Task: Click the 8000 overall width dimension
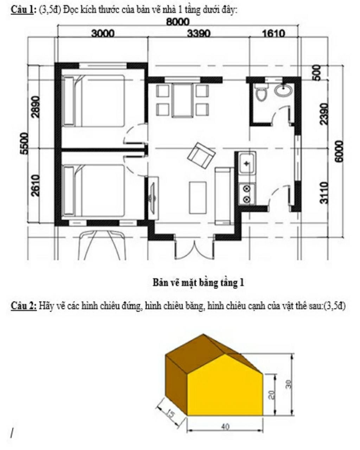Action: click(x=178, y=22)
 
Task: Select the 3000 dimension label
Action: click(x=103, y=33)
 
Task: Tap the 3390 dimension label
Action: click(x=199, y=33)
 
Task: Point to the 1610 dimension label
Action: click(x=274, y=33)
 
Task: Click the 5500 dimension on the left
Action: click(x=24, y=143)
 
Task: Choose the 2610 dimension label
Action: click(x=35, y=186)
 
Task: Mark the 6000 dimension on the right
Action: click(x=339, y=151)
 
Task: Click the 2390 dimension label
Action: click(x=324, y=114)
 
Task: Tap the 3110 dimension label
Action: click(x=324, y=192)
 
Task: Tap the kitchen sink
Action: click(x=247, y=163)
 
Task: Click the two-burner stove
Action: click(x=247, y=194)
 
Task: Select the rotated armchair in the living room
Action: click(x=201, y=156)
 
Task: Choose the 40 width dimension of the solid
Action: click(x=225, y=426)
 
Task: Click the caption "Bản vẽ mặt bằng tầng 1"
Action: click(x=198, y=282)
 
